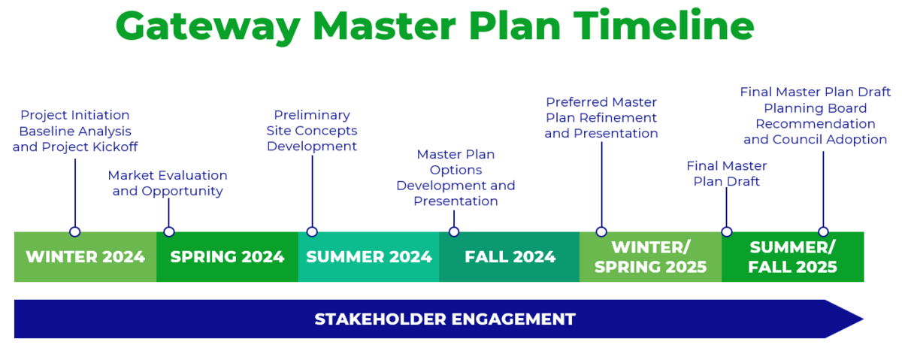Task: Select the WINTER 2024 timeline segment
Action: (85, 257)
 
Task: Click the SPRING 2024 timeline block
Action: (227, 257)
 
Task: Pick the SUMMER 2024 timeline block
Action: (368, 257)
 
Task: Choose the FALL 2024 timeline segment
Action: (510, 257)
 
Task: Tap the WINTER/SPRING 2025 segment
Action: (650, 257)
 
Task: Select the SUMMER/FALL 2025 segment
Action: (792, 257)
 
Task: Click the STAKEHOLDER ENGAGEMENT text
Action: (444, 319)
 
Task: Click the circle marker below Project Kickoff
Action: (74, 231)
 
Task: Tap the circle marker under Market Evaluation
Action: (169, 231)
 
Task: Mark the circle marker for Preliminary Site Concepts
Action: (312, 231)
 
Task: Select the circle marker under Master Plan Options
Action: (454, 231)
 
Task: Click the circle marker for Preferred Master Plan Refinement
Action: (601, 231)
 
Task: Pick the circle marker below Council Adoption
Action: (823, 231)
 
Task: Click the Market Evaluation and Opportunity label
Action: (168, 183)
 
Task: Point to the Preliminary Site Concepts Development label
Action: (312, 131)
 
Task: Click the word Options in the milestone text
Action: (456, 170)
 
